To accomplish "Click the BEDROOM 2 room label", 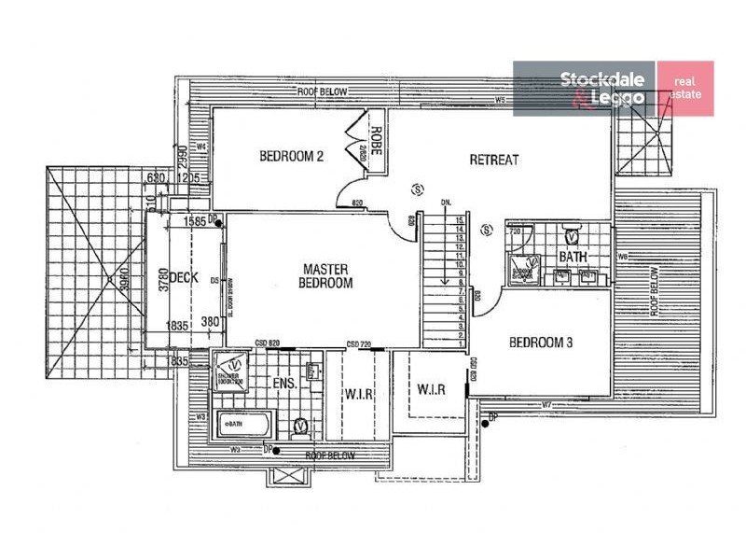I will pyautogui.click(x=291, y=156).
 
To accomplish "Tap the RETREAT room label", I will pyautogui.click(x=494, y=160).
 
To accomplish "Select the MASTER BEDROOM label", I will pyautogui.click(x=326, y=276).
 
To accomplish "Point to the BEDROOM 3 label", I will pyautogui.click(x=541, y=343).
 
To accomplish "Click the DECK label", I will pyautogui.click(x=185, y=277).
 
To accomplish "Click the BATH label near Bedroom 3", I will pyautogui.click(x=572, y=257).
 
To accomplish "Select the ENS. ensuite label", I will pyautogui.click(x=284, y=383).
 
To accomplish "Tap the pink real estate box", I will pyautogui.click(x=685, y=88).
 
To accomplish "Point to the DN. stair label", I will pyautogui.click(x=446, y=203).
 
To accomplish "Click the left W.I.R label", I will pyautogui.click(x=359, y=394).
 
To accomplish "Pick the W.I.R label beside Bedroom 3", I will pyautogui.click(x=430, y=387).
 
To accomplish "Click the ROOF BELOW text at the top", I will pyautogui.click(x=323, y=91).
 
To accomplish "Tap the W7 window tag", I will pyautogui.click(x=547, y=404).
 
